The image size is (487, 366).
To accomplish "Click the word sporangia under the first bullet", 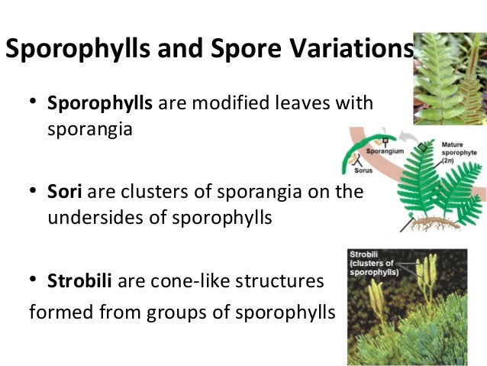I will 90,128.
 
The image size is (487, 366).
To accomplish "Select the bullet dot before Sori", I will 33,193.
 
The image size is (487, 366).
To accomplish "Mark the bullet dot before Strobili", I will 33,282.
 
